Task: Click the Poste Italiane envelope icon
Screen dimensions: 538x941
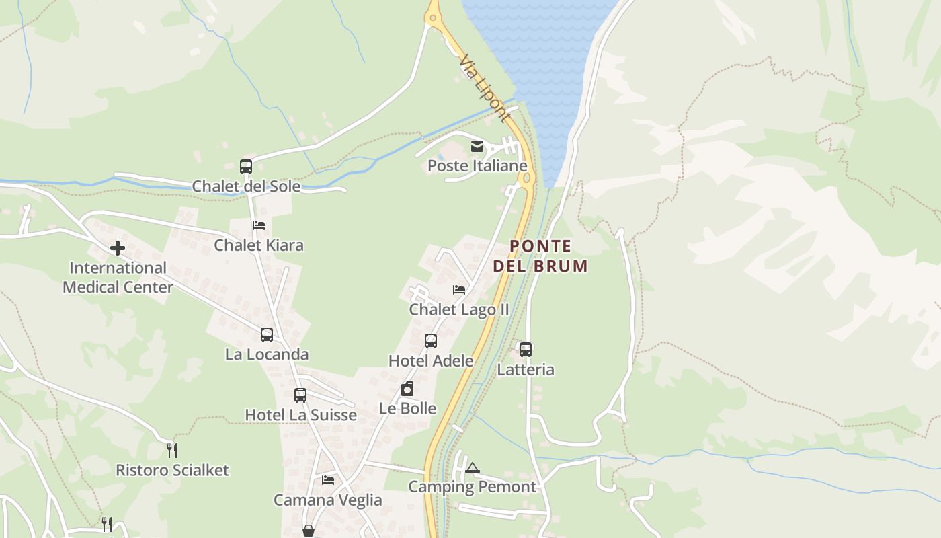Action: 477,147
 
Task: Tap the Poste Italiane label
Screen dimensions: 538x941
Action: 477,165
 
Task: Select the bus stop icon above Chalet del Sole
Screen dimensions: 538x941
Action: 246,166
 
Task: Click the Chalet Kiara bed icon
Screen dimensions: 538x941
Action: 259,225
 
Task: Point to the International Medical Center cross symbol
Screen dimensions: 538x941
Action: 118,248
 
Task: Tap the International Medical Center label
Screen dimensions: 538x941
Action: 118,277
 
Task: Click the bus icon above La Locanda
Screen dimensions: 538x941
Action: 267,334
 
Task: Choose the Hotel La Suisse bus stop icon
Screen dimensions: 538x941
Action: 300,395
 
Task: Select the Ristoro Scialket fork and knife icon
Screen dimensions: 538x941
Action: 172,450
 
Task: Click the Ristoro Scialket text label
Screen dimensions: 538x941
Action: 172,470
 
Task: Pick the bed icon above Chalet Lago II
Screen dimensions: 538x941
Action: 459,290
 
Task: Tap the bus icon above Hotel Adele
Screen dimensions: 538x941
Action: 431,341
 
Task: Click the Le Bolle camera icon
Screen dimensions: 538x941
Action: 407,389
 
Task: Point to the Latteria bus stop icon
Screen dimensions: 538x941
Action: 526,350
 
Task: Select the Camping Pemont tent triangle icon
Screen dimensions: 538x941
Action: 473,467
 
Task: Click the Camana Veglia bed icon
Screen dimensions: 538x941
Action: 328,480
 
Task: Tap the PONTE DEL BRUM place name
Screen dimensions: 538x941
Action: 540,256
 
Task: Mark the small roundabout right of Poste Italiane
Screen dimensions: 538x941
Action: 526,178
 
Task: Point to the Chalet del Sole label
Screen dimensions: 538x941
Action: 246,186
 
